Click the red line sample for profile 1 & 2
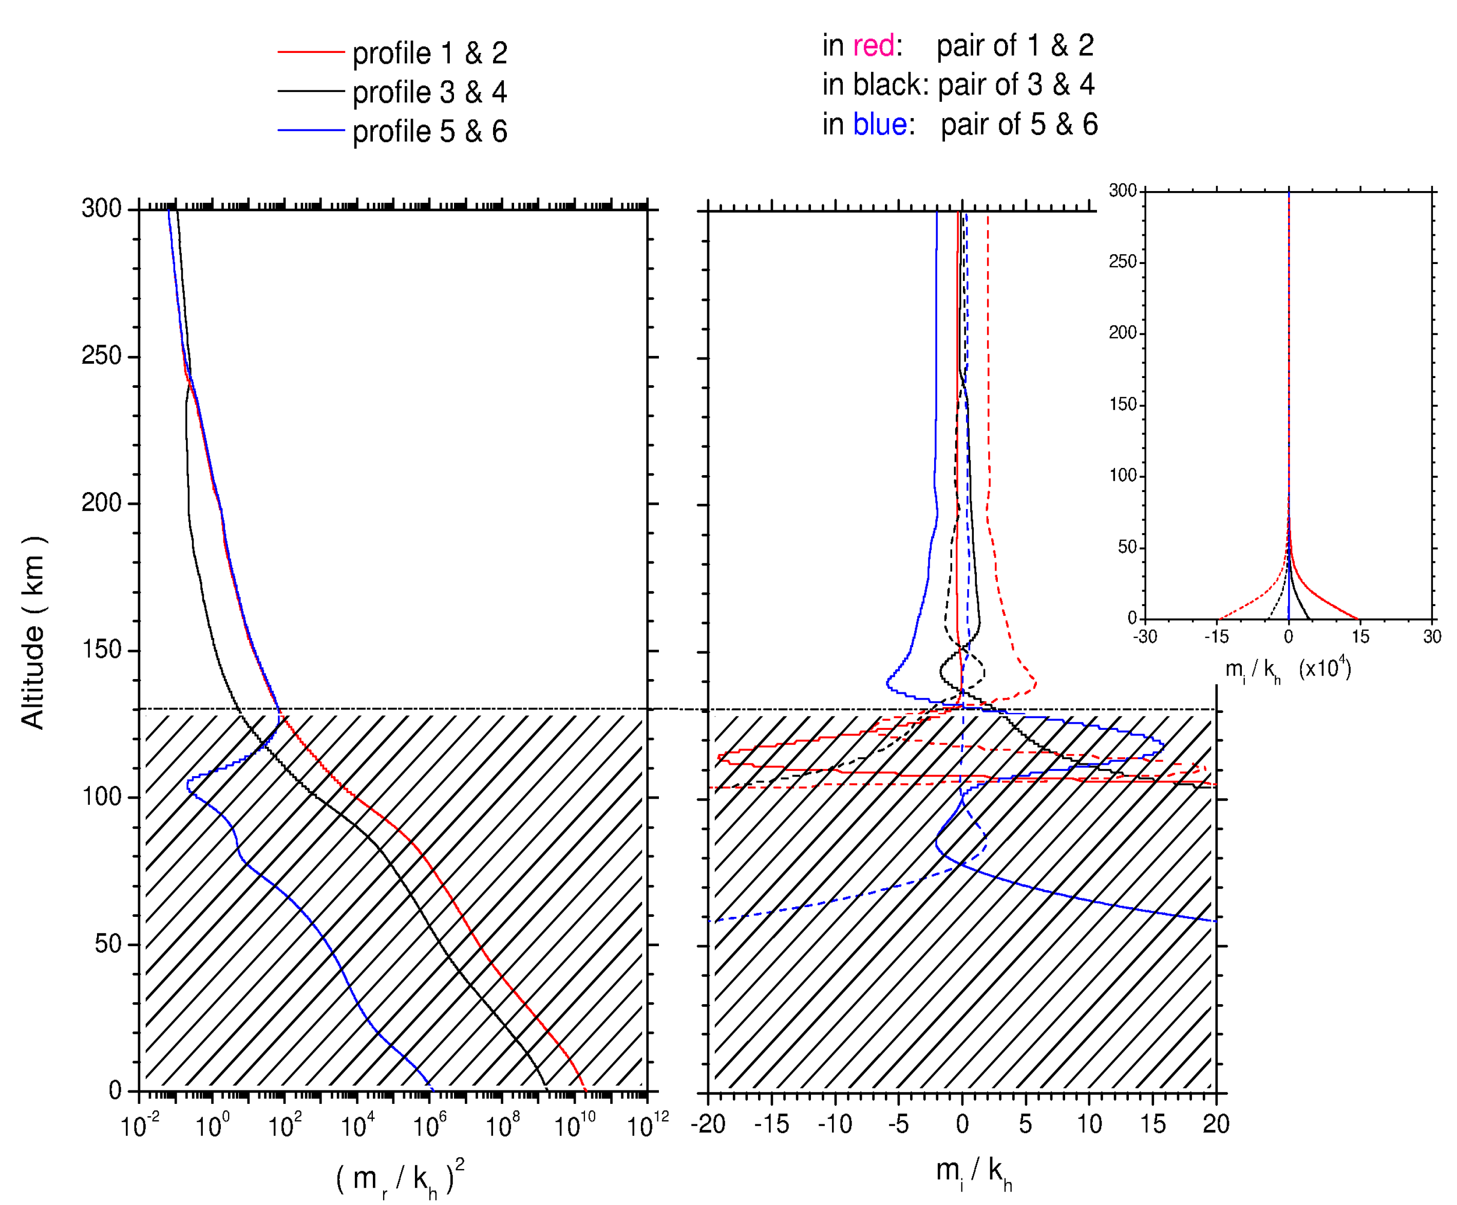311,52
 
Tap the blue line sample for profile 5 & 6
311,130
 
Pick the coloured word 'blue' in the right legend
879,125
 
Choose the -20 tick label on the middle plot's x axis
708,1124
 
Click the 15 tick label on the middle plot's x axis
1152,1124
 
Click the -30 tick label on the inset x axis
1144,637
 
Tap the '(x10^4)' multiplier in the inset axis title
1324,668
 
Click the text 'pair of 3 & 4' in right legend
1016,85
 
